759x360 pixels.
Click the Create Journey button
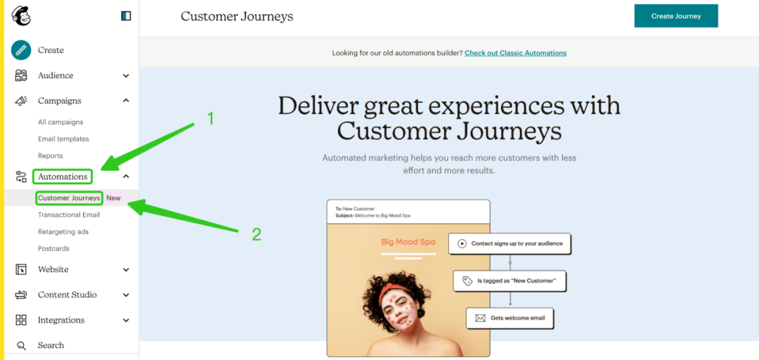coord(676,16)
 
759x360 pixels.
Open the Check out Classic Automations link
coord(516,53)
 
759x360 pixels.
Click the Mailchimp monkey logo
coord(21,16)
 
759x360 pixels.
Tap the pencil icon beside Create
coord(21,50)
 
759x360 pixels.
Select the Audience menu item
coord(56,75)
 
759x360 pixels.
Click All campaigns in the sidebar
coord(60,122)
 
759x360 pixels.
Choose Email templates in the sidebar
coord(63,139)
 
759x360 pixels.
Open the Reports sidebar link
coord(51,156)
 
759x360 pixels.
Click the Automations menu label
coord(63,176)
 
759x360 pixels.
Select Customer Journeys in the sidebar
coord(69,198)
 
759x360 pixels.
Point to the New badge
coord(114,198)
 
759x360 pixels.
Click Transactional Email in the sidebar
coord(69,214)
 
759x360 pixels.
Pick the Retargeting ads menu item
coord(63,231)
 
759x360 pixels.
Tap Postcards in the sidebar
coord(53,249)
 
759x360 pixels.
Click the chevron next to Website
coord(126,270)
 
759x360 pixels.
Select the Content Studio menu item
coord(67,295)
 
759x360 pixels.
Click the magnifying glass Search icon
coord(21,345)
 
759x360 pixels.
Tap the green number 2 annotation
coord(257,235)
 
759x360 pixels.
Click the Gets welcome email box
coord(510,319)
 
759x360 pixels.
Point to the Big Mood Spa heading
coord(408,241)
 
